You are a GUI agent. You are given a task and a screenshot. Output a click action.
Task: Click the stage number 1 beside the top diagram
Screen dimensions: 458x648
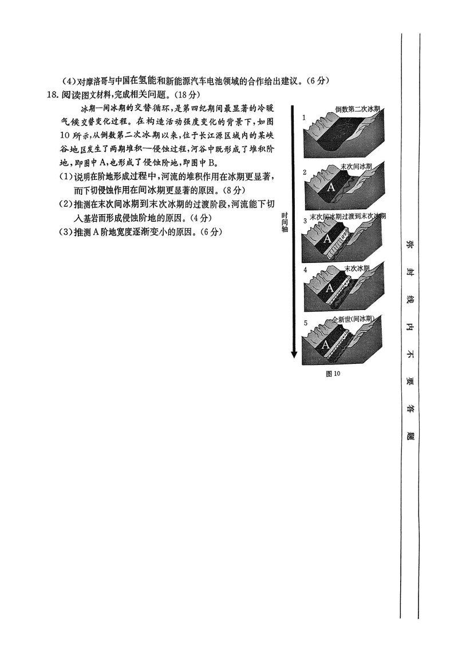(304, 117)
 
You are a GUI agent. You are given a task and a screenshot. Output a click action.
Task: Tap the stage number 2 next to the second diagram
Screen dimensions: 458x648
(305, 172)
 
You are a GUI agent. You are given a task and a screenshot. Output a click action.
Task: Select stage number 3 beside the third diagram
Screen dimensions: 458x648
(305, 221)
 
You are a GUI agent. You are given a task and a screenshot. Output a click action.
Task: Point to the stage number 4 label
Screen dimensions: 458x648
(305, 270)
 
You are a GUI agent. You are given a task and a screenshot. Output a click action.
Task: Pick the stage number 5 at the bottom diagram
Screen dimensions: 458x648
(306, 323)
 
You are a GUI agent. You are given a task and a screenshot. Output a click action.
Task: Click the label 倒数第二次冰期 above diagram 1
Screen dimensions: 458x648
(358, 109)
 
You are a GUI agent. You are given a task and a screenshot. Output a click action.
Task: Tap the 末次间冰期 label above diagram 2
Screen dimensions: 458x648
(356, 166)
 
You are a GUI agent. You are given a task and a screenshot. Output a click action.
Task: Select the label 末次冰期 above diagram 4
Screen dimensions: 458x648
(357, 268)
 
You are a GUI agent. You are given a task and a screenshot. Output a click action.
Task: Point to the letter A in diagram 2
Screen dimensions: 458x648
(331, 188)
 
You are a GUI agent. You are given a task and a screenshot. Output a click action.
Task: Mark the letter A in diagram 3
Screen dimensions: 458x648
(327, 239)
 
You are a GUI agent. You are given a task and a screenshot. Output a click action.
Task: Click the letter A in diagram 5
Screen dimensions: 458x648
(325, 344)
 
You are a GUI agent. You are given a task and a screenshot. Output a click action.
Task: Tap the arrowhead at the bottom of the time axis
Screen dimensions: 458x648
(294, 354)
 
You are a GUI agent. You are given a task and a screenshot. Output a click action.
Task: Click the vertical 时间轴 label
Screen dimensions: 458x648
(285, 222)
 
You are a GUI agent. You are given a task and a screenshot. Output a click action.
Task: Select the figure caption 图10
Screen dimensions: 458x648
(333, 374)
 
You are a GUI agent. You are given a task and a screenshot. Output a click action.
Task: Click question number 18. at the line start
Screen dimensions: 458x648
(53, 95)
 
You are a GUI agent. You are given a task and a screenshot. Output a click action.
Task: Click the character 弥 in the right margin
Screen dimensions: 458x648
(410, 244)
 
